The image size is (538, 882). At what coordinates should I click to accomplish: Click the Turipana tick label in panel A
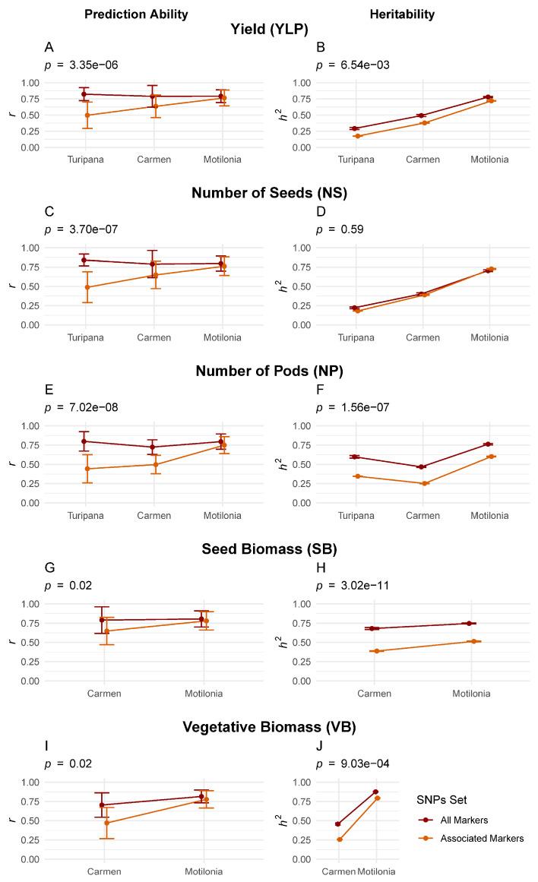coord(86,160)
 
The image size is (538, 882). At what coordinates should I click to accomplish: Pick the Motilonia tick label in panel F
coord(489,516)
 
